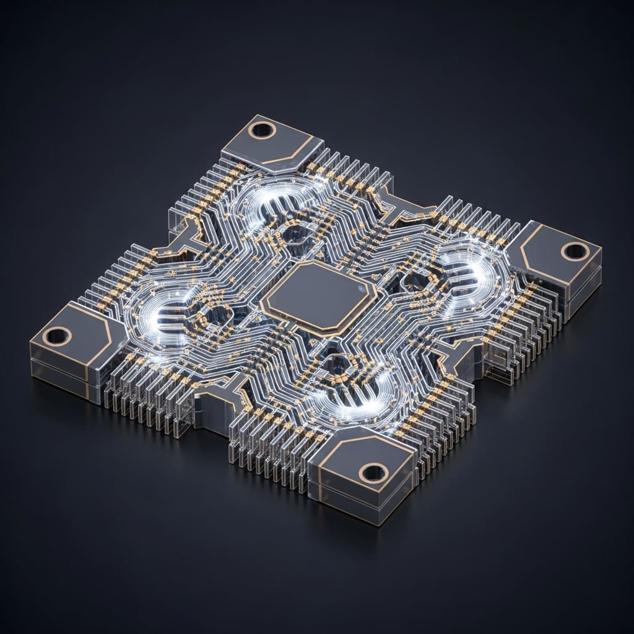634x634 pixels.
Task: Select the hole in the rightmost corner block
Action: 575,251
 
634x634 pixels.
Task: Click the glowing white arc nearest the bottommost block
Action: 353,399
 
